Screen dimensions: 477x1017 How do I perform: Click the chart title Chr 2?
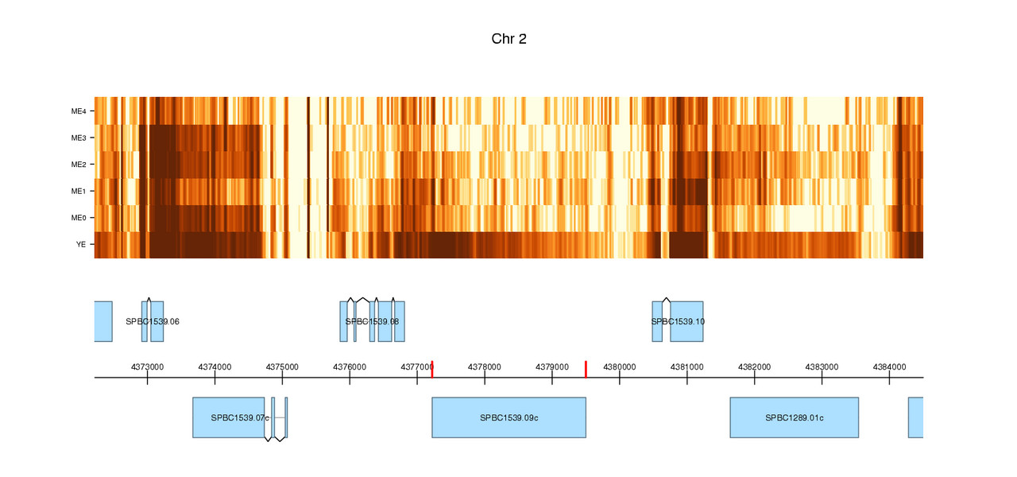tap(508, 39)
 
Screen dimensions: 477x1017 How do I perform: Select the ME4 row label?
tap(78, 111)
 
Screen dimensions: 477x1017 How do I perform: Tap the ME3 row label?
tap(78, 138)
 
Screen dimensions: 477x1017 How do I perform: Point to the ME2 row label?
tap(78, 165)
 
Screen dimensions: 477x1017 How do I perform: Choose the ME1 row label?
tap(78, 192)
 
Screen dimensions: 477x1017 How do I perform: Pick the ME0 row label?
tap(78, 218)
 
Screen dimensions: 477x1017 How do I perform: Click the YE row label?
tap(80, 245)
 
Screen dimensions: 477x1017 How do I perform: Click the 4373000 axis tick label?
tap(147, 366)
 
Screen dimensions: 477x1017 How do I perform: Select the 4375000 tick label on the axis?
tap(282, 366)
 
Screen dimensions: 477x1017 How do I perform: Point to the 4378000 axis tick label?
tap(485, 366)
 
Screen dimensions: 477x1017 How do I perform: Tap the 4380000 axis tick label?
tap(620, 366)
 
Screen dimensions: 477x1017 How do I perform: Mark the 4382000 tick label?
tap(754, 366)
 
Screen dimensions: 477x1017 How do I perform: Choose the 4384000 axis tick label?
tap(889, 366)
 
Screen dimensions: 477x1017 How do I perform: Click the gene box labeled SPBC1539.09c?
tap(508, 417)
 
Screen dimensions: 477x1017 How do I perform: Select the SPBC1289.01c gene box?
tap(794, 417)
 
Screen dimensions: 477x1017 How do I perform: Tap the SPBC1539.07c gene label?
tap(240, 417)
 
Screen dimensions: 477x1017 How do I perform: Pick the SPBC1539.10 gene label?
tap(678, 322)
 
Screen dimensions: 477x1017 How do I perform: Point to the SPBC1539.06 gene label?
tap(153, 322)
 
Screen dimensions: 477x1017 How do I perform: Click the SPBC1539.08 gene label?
tap(372, 322)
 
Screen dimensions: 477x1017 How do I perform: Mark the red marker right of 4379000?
tap(586, 369)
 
